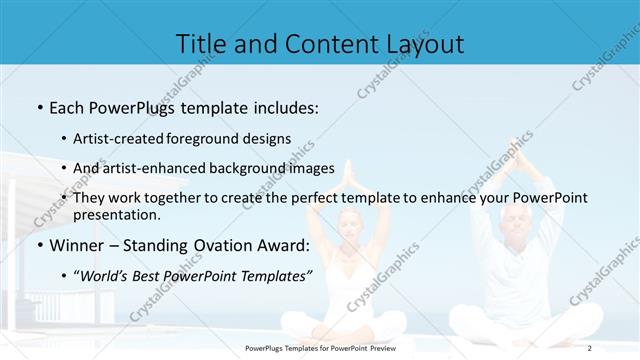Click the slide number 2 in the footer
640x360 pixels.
pyautogui.click(x=590, y=348)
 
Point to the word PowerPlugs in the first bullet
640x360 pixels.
pyautogui.click(x=131, y=106)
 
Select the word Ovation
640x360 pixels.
pyautogui.click(x=220, y=245)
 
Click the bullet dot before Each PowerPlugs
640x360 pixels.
pyautogui.click(x=38, y=106)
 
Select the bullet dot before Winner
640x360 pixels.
pyautogui.click(x=38, y=245)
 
